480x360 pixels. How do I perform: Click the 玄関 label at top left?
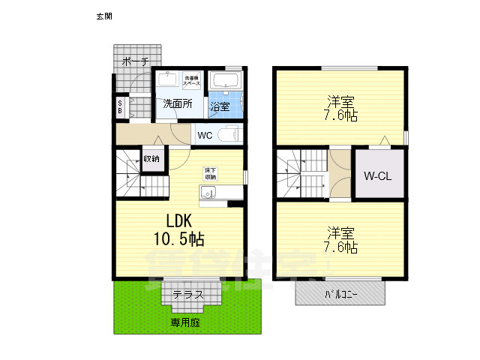pyautogui.click(x=104, y=15)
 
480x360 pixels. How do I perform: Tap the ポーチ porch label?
pyautogui.click(x=135, y=61)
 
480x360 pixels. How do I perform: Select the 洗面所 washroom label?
pyautogui.click(x=178, y=104)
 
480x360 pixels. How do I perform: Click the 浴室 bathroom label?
pyautogui.click(x=220, y=106)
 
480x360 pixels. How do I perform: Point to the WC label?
pyautogui.click(x=204, y=136)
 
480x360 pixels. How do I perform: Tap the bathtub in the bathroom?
pyautogui.click(x=224, y=80)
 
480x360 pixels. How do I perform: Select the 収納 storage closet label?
pyautogui.click(x=151, y=159)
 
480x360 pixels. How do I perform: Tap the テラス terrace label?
pyautogui.click(x=188, y=295)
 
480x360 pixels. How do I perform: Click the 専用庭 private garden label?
pyautogui.click(x=184, y=322)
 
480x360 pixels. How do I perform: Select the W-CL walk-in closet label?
pyautogui.click(x=379, y=176)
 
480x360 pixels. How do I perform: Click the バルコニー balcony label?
pyautogui.click(x=341, y=294)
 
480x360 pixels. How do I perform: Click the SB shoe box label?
pyautogui.click(x=120, y=108)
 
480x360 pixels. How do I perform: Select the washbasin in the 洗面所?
pyautogui.click(x=168, y=80)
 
